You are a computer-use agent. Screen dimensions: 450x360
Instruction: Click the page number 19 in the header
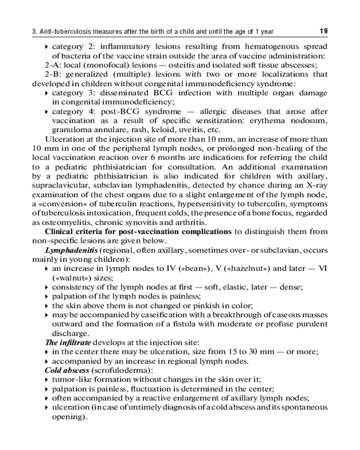(323, 31)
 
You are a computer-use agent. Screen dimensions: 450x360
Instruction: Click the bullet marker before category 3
(47, 93)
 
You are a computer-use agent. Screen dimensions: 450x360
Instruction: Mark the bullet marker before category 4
(47, 112)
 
